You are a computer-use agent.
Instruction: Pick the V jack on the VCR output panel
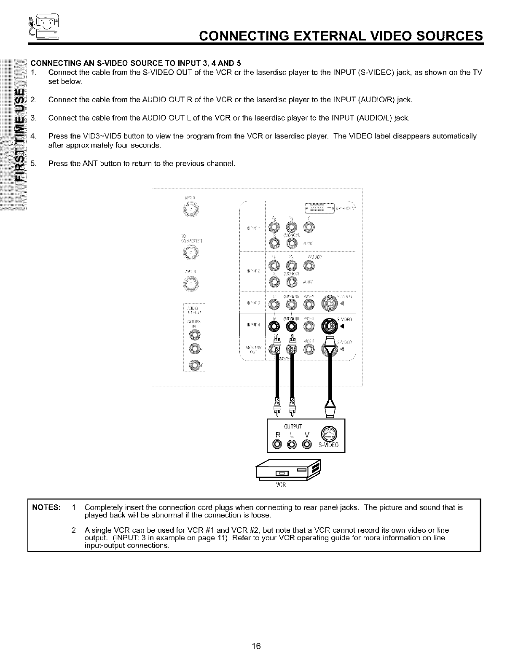[307, 444]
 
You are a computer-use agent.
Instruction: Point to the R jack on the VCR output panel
[277, 444]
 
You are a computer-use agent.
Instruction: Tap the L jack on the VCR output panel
[292, 444]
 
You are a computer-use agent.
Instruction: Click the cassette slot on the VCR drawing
[281, 473]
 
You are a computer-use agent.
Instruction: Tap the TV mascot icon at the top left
[44, 26]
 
